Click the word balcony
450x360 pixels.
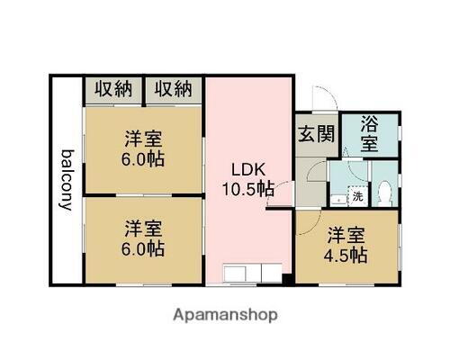pyautogui.click(x=65, y=179)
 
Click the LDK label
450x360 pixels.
pyautogui.click(x=248, y=169)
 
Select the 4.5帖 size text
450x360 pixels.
pyautogui.click(x=346, y=255)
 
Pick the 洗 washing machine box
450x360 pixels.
pyautogui.click(x=356, y=195)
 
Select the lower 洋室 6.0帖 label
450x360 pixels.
pyautogui.click(x=144, y=237)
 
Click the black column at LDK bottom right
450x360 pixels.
pyautogui.click(x=286, y=278)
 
